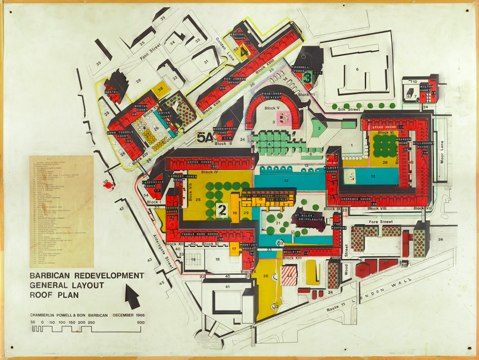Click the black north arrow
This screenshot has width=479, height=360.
click(132, 295)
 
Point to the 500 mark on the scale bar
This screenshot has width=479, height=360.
click(141, 322)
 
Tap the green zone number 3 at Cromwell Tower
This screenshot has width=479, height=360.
click(308, 78)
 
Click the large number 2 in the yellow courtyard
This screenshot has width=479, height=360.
click(221, 209)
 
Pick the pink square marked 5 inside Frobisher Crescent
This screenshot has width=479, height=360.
click(284, 118)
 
